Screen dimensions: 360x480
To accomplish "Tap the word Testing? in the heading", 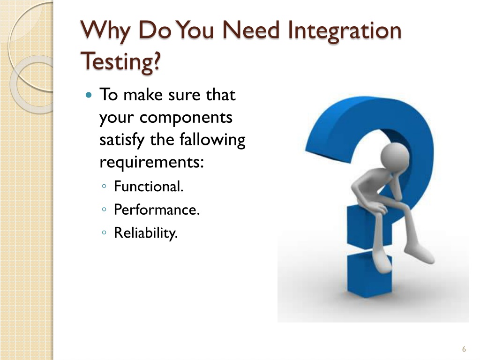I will [121, 61].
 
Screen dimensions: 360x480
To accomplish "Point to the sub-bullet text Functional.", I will [149, 187].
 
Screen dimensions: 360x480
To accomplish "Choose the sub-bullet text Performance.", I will [157, 210].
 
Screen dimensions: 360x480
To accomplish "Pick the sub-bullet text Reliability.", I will [146, 233].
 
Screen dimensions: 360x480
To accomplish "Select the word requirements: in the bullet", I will [152, 162].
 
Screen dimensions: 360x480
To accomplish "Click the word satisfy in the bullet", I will [122, 140].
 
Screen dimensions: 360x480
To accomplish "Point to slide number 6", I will [464, 349].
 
